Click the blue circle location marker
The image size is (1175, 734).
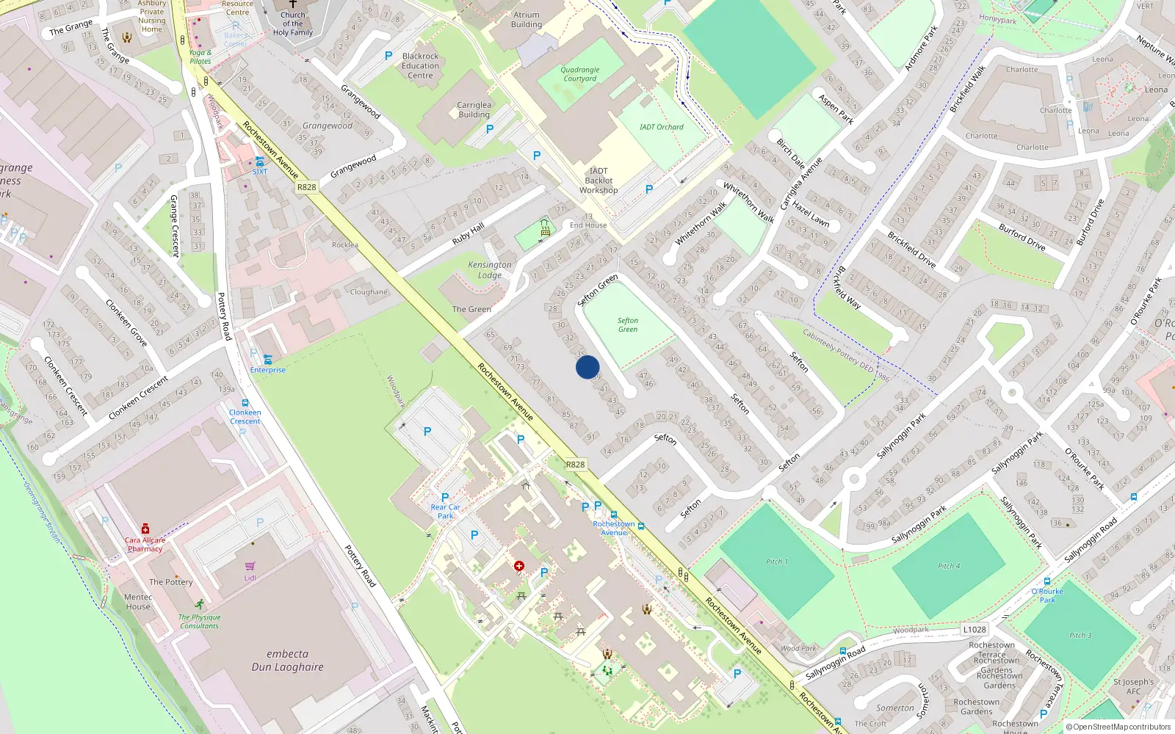pos(587,367)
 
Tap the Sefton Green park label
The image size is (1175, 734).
pos(628,325)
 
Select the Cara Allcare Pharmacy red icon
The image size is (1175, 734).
pos(145,528)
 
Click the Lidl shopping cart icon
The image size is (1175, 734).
pos(250,567)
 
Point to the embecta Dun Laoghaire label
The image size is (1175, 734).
pos(287,661)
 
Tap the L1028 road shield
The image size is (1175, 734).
pos(975,630)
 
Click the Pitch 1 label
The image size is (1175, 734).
pos(777,562)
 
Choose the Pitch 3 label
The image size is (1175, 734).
pos(1080,635)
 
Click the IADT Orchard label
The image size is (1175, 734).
pos(661,127)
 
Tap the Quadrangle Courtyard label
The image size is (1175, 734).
pos(580,74)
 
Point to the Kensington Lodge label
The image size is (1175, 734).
pos(490,270)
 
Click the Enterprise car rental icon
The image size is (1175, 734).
pos(268,359)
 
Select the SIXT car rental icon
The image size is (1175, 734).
pos(260,161)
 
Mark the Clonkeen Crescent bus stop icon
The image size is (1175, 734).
pos(245,403)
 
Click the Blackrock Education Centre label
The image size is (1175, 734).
pos(421,65)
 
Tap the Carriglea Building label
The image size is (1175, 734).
pos(474,109)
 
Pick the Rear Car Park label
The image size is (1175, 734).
pos(446,511)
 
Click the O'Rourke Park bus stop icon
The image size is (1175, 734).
pos(1047,581)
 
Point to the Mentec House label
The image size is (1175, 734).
pos(138,602)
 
